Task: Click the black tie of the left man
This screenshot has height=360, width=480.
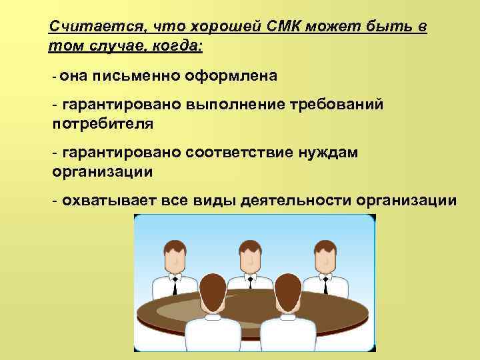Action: pos(174,287)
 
